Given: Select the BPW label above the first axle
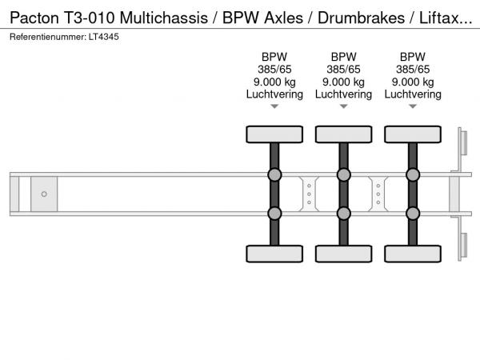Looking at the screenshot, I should [274, 57].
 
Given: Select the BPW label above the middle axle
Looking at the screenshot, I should [343, 57].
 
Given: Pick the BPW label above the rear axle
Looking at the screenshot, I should [412, 57].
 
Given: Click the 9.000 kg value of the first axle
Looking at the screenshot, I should [274, 82].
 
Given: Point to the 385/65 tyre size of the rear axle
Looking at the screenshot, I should [412, 70].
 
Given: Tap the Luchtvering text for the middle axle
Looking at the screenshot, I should [343, 94].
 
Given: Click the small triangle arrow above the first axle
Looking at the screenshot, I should [274, 106].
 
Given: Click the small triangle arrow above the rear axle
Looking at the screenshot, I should [412, 106].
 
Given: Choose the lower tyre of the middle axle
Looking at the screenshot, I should [343, 254].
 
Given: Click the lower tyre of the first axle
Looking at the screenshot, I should [274, 254].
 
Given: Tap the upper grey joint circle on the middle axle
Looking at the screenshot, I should [343, 175].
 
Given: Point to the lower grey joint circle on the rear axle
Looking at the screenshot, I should [412, 213].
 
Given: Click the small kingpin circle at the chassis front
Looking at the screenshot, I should [44, 194].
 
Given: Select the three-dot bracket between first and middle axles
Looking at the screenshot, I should [309, 194].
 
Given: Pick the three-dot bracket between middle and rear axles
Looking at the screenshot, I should [378, 194].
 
